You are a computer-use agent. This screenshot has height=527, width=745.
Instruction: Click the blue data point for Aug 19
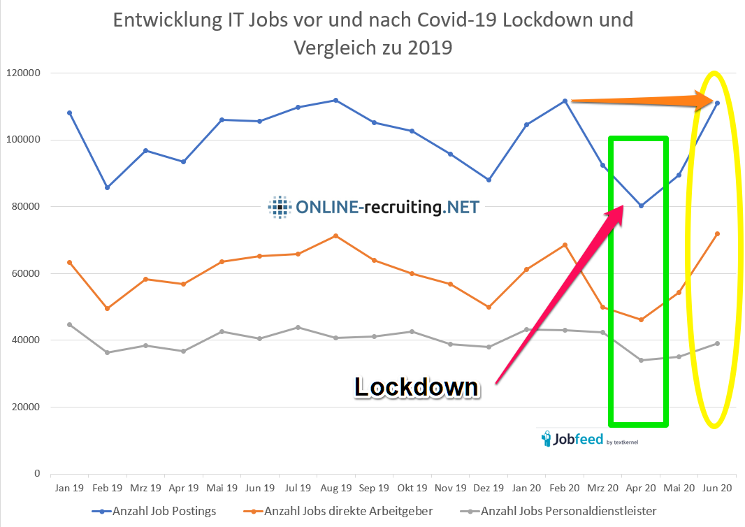pyautogui.click(x=336, y=100)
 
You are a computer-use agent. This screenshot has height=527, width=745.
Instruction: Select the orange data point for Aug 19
pyautogui.click(x=336, y=236)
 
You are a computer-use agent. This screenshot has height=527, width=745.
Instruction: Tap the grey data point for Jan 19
pyautogui.click(x=69, y=324)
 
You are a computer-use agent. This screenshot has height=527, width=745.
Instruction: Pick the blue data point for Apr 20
pyautogui.click(x=641, y=205)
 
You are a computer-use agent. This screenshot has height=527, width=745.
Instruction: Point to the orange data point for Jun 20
pyautogui.click(x=717, y=233)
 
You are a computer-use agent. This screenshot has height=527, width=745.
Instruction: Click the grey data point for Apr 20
pyautogui.click(x=641, y=361)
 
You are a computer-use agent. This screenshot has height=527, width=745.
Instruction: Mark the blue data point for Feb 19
pyautogui.click(x=107, y=187)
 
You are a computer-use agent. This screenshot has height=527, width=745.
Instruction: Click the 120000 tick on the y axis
pyautogui.click(x=22, y=73)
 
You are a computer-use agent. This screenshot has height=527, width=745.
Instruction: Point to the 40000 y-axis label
pyautogui.click(x=25, y=340)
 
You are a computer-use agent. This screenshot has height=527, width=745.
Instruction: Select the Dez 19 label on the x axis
pyautogui.click(x=488, y=487)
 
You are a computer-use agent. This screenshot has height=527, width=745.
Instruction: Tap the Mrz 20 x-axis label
pyautogui.click(x=602, y=487)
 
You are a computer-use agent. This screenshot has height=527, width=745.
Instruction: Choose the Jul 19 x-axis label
pyautogui.click(x=298, y=487)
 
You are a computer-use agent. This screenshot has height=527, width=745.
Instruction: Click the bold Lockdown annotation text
pyautogui.click(x=417, y=387)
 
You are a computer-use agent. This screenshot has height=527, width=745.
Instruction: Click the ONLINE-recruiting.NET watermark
pyautogui.click(x=375, y=206)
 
